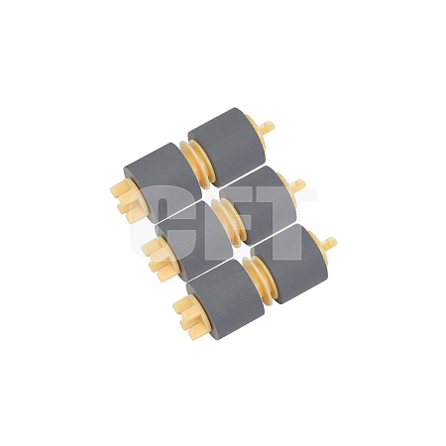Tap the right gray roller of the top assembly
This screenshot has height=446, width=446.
tap(227, 147)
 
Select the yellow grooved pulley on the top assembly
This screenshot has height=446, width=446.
tap(197, 165)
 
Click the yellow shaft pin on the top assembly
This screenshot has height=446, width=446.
tap(267, 127)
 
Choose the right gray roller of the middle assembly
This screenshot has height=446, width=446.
tap(258, 205)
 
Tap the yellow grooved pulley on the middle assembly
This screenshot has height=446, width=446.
tap(229, 222)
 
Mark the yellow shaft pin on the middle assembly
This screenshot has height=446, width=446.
tap(298, 185)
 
